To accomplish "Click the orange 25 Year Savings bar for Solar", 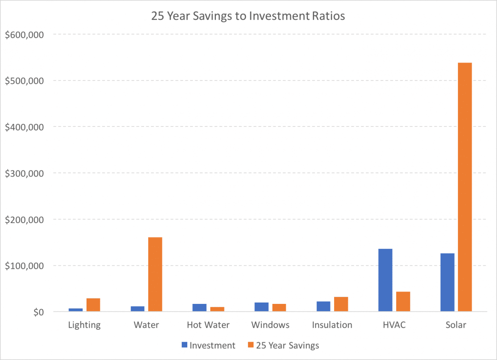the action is pos(465,187).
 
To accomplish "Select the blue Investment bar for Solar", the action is pos(447,282).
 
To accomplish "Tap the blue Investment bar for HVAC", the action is pos(386,280).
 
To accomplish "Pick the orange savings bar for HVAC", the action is pos(403,302).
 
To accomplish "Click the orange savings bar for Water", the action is pos(156,274).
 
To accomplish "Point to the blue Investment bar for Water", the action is pos(138,309).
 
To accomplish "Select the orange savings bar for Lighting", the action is pos(93,305).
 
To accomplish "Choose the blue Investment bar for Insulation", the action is pos(324,307).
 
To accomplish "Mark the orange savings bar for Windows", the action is pos(279,308).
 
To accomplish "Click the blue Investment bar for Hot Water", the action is pos(199,308).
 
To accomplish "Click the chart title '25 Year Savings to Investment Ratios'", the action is pos(248,16).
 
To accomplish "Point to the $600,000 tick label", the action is pos(24,34).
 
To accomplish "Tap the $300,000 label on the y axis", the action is pos(24,173).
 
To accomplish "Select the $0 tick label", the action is pos(39,312).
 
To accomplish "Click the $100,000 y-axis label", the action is pos(24,266).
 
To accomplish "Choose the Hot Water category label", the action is pos(208,325).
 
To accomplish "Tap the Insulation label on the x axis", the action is pos(332,325).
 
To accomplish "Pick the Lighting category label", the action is pos(84,326).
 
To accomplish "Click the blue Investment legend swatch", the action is pos(185,345).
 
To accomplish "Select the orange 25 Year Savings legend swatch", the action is pos(251,345).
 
